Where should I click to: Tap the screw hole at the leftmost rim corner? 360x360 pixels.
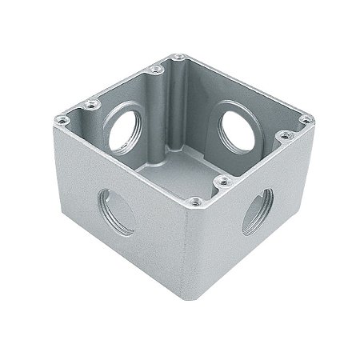[61, 121]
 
